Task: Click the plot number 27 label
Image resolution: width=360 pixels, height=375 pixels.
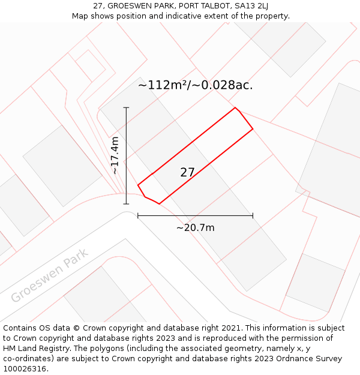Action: coord(187,172)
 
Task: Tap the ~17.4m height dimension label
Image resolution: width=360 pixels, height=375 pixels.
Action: coord(115,155)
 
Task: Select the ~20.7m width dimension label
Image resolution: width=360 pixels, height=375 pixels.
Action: coord(195,227)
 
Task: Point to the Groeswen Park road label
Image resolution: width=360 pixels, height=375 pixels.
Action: coord(49,275)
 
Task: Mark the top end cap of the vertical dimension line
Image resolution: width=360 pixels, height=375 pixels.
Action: coord(126,107)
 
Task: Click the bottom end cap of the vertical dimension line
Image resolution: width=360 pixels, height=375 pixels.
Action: coord(126,204)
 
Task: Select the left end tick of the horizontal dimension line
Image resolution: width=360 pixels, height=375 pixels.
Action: coord(138,215)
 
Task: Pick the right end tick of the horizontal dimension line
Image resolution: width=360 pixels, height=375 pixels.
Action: coord(253,215)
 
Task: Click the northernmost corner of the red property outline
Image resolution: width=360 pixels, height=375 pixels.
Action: coord(235,108)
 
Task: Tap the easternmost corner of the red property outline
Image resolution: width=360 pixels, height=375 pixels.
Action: coord(253,129)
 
